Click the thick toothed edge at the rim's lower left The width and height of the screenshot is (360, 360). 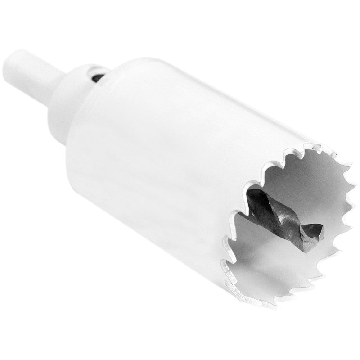tap(234, 279)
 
